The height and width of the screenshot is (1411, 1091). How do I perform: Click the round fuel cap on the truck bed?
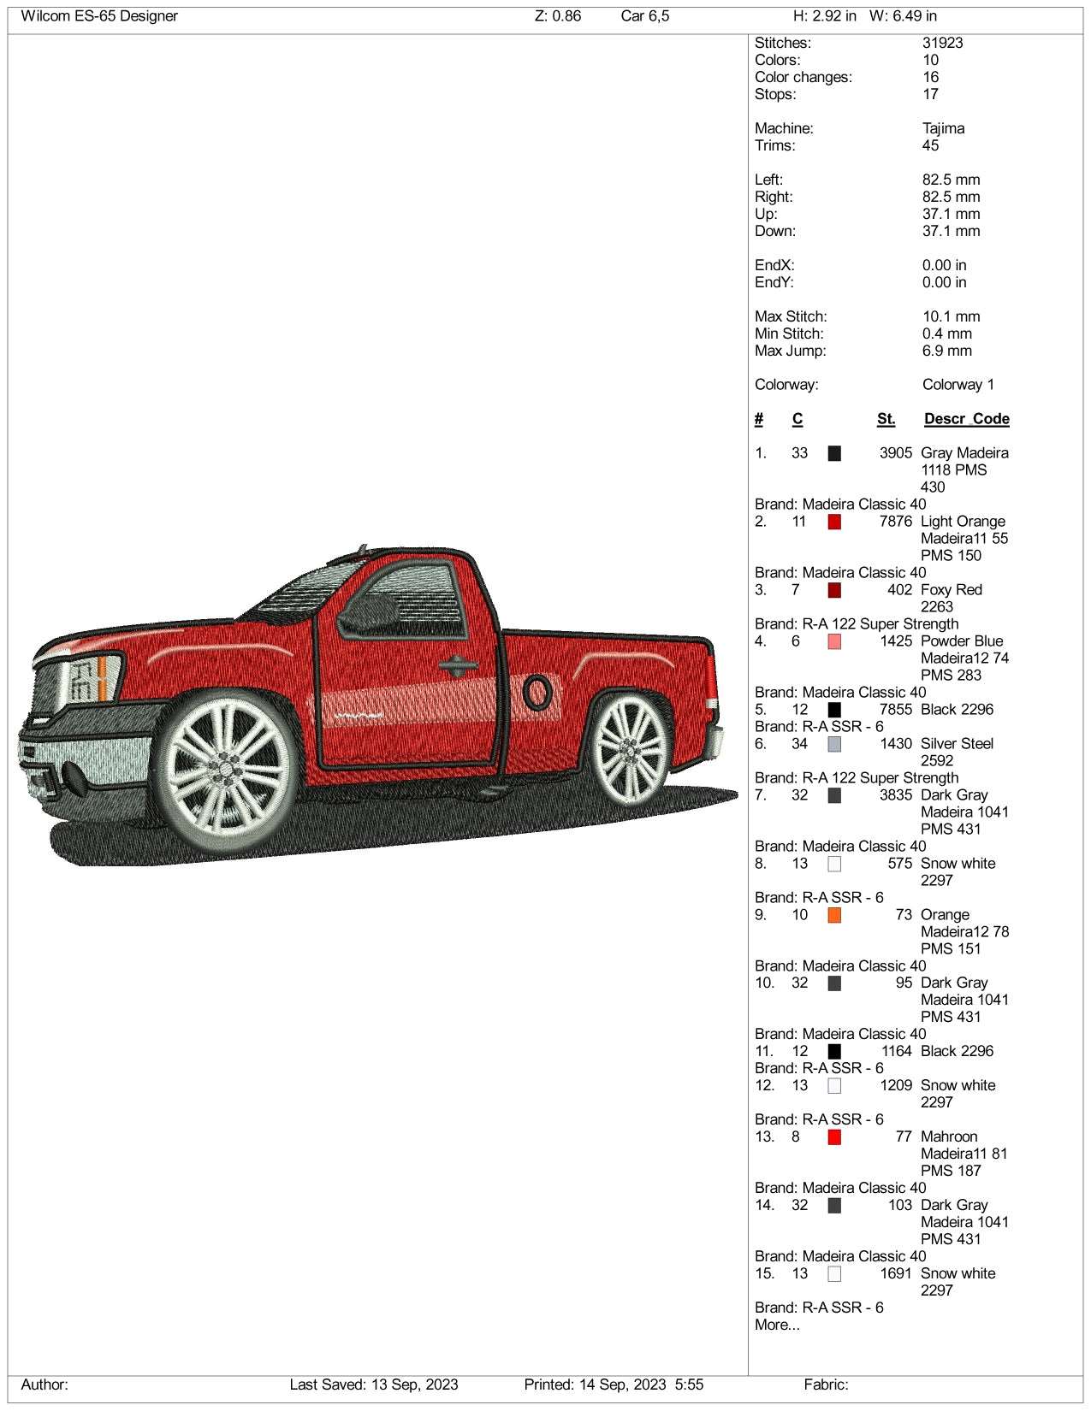pyautogui.click(x=538, y=691)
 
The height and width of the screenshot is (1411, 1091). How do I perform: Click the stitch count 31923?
pyautogui.click(x=942, y=43)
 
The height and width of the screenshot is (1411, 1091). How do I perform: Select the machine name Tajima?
pyautogui.click(x=943, y=128)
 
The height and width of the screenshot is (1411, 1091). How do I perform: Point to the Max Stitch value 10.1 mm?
pyautogui.click(x=951, y=316)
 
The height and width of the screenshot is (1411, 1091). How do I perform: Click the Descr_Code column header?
pyautogui.click(x=966, y=419)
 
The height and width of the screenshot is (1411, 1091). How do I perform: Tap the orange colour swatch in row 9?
pyautogui.click(x=834, y=915)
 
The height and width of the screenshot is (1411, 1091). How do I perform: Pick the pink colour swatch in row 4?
pyautogui.click(x=834, y=641)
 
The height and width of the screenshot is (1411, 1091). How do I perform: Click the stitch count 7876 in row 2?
pyautogui.click(x=895, y=522)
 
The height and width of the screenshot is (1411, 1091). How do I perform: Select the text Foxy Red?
pyautogui.click(x=951, y=590)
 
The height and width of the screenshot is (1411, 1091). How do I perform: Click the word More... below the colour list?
pyautogui.click(x=777, y=1325)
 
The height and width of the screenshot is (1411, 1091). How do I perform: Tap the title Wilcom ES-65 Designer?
pyautogui.click(x=99, y=16)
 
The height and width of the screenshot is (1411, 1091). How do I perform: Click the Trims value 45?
pyautogui.click(x=930, y=145)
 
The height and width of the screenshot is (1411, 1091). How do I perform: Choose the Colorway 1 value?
pyautogui.click(x=958, y=385)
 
